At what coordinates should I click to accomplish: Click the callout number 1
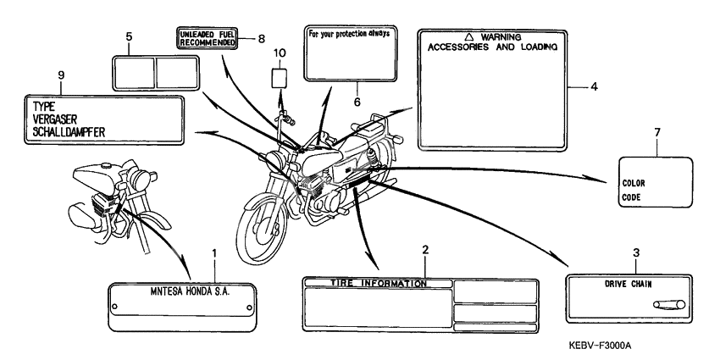tap(214, 253)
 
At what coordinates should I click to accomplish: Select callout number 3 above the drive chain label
tap(636, 252)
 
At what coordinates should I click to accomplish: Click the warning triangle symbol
tap(471, 37)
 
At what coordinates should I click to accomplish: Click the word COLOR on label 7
tap(634, 182)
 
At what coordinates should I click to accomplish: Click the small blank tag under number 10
tap(280, 78)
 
